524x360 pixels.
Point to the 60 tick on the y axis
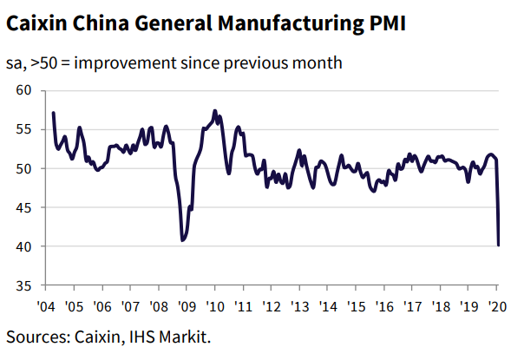tap(23, 90)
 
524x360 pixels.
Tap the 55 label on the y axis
tap(23, 129)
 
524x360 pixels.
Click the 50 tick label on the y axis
tap(23, 168)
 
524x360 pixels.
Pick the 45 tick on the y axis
tap(23, 207)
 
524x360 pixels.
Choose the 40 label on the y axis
tap(23, 246)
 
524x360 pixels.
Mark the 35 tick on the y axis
tap(23, 285)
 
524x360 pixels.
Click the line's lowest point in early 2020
tap(498, 245)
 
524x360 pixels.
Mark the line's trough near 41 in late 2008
tap(182, 240)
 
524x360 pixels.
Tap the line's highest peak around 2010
tap(215, 111)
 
